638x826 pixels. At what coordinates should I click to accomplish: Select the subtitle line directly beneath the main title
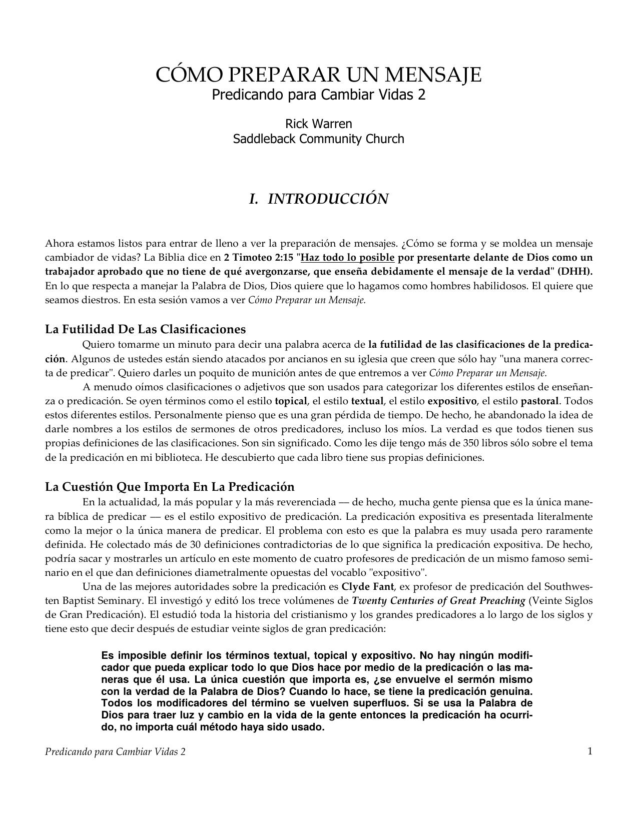click(319, 95)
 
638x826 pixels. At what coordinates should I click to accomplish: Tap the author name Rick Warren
click(319, 124)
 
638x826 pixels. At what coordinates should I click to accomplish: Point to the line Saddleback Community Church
click(319, 139)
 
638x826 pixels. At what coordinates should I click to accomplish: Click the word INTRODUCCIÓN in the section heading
click(328, 199)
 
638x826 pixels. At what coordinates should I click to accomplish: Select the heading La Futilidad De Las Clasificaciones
click(146, 330)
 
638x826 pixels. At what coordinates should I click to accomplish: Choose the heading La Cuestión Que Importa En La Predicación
click(170, 487)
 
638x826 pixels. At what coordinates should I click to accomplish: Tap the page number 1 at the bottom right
click(590, 751)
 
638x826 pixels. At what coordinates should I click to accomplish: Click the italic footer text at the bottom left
click(115, 752)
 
